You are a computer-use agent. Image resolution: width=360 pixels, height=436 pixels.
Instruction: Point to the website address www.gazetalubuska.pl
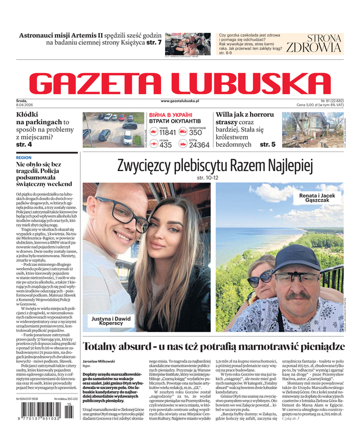click(x=180, y=101)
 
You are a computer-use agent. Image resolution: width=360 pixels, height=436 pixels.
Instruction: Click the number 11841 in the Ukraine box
click(x=167, y=132)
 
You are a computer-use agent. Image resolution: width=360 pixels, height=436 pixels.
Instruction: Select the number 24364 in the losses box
click(x=199, y=145)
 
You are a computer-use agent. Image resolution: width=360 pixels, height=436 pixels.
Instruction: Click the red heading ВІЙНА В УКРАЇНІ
click(x=170, y=115)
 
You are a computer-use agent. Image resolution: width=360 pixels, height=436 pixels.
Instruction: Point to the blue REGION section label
click(x=24, y=158)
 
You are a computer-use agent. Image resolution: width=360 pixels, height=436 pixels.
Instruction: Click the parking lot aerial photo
click(x=112, y=130)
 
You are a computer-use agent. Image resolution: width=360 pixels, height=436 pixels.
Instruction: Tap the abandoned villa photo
click(x=312, y=130)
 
